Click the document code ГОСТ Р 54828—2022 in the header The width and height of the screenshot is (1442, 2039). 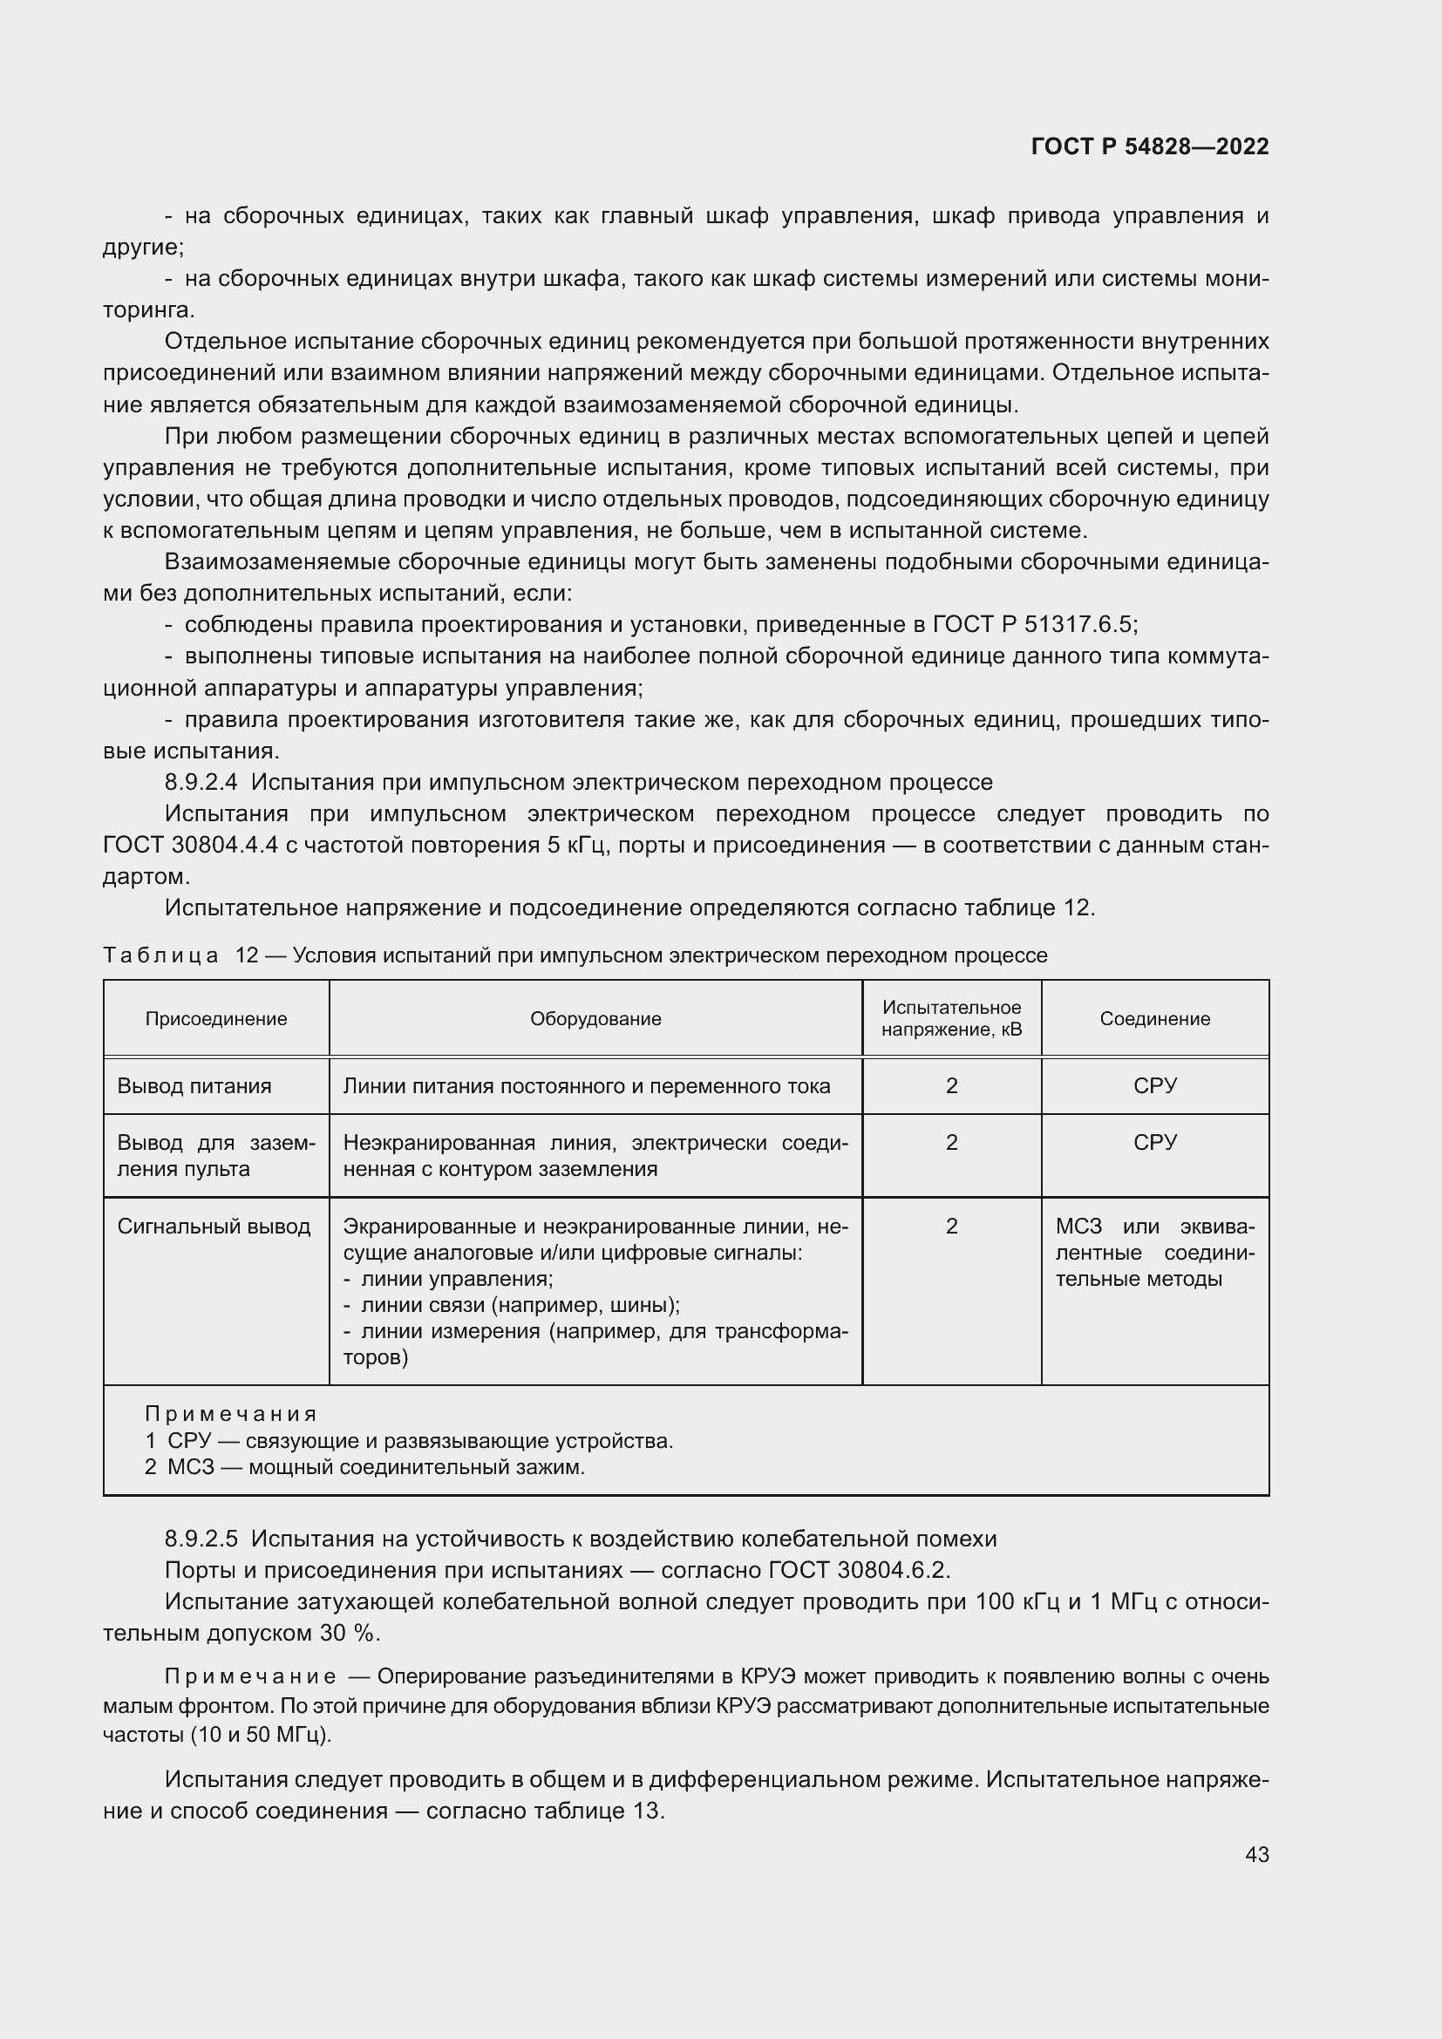[1149, 146]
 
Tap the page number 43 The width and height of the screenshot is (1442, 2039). [1256, 1854]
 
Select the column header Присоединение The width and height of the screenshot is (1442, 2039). [215, 1018]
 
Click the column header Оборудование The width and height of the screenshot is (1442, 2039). [595, 1018]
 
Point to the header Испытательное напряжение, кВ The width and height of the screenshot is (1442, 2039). [951, 1018]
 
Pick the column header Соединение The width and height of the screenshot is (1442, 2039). [1154, 1018]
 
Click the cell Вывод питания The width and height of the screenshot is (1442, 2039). [194, 1086]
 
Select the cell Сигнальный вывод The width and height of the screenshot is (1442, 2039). [214, 1227]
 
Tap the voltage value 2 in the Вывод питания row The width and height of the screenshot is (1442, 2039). [951, 1086]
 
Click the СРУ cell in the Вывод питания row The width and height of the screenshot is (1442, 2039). [1154, 1086]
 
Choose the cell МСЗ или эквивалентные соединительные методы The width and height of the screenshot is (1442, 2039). [1154, 1253]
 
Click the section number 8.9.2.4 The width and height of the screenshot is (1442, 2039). [201, 782]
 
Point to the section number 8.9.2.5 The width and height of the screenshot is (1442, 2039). [201, 1539]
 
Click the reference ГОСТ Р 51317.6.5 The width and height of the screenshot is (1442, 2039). [1034, 624]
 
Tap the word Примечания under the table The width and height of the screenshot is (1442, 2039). [230, 1414]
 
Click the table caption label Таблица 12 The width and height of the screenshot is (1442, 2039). [180, 955]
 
